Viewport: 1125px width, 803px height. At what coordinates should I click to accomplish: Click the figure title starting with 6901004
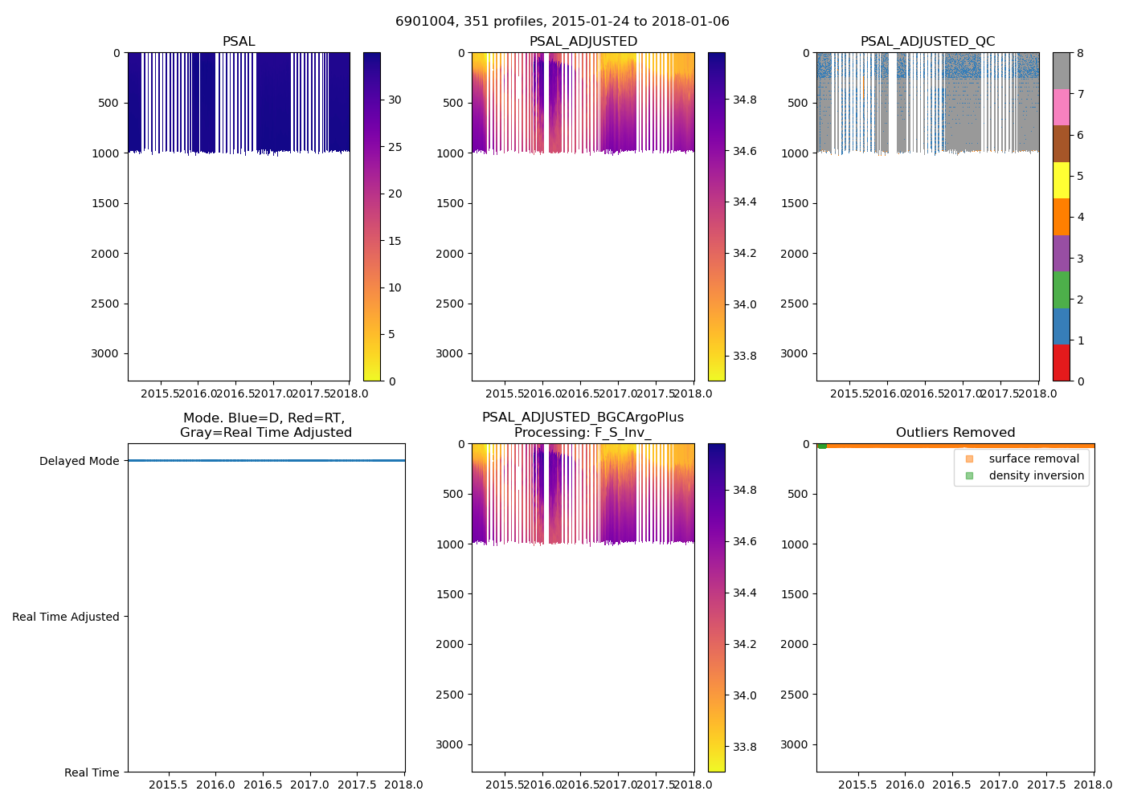click(562, 22)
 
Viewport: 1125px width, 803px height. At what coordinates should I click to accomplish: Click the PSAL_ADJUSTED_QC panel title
click(927, 42)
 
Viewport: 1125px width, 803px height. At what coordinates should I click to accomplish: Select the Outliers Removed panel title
click(955, 433)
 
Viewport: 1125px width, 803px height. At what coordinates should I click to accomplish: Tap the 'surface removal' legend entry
click(1033, 459)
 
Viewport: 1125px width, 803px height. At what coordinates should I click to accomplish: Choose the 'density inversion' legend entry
click(1036, 475)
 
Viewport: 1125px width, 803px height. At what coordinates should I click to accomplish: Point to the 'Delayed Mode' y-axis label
click(79, 461)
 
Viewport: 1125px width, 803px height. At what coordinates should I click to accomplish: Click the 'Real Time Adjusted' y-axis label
click(65, 617)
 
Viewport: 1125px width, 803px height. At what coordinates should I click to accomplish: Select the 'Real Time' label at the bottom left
click(92, 772)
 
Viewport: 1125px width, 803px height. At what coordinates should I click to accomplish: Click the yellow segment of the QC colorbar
click(1061, 180)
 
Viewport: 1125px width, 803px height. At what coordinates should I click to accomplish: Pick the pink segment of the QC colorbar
click(1061, 107)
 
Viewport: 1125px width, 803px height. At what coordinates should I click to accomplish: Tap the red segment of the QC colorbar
click(1061, 362)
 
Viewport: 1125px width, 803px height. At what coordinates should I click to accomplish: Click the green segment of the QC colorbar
click(1061, 289)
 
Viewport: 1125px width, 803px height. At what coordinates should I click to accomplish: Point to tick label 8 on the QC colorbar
click(1080, 53)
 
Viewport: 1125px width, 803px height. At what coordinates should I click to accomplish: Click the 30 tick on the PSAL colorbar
click(395, 100)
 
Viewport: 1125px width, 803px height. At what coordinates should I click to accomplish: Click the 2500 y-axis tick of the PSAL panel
click(106, 304)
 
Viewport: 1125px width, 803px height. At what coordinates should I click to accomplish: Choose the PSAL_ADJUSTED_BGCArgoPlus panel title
click(583, 425)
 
